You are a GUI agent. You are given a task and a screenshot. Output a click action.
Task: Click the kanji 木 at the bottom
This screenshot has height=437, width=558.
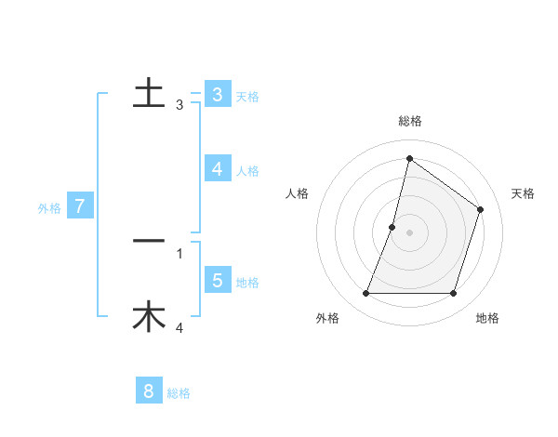149,317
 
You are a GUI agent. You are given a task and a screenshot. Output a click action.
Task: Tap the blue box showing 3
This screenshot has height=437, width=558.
217,95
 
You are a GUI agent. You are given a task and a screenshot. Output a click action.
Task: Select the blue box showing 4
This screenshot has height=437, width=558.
217,169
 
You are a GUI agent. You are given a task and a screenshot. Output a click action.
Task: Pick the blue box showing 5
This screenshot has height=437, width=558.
217,281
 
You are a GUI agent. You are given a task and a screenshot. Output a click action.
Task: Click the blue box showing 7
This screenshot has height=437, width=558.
80,206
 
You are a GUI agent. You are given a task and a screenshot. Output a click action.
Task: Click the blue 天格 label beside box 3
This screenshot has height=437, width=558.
247,97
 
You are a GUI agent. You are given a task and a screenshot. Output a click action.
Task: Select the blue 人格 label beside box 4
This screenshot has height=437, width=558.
247,171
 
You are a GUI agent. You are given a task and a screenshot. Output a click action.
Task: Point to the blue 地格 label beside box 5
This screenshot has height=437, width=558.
247,283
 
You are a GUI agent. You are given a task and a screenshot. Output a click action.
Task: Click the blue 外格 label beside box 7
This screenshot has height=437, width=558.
49,208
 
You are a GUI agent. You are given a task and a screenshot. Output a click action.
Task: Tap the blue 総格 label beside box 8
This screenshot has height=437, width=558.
179,393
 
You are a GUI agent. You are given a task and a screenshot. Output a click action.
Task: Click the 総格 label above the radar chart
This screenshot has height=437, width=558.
409,121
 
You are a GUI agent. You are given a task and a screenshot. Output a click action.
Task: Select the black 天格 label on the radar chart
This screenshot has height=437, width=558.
523,193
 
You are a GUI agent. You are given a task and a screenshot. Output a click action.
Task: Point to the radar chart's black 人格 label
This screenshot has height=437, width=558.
297,193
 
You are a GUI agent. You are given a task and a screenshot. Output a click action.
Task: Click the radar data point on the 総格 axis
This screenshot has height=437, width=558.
409,159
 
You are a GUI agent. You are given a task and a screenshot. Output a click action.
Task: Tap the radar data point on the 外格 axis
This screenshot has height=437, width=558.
365,294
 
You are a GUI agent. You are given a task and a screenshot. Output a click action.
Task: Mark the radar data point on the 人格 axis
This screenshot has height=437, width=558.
392,227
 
